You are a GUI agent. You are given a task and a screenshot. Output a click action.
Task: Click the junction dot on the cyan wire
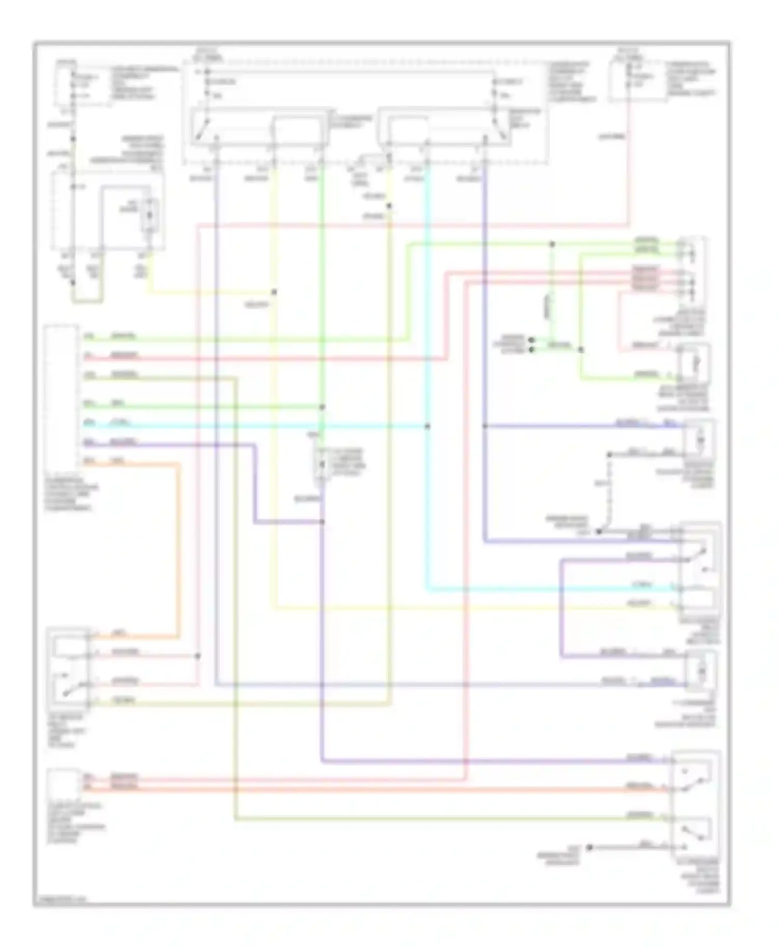click(x=427, y=426)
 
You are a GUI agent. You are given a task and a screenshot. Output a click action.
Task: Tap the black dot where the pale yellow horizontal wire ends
click(x=274, y=292)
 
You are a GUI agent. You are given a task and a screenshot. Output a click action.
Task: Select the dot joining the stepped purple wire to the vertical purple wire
click(x=322, y=522)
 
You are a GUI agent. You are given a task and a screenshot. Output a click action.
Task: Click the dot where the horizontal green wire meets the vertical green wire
click(x=322, y=407)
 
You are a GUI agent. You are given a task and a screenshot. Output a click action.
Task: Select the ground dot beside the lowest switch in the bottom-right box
click(x=589, y=847)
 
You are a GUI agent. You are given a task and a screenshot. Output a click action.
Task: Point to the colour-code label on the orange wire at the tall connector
click(x=118, y=461)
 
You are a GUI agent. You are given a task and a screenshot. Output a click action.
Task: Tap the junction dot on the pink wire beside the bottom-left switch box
click(x=198, y=656)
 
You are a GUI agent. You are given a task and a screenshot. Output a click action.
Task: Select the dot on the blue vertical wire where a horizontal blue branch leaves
click(x=484, y=426)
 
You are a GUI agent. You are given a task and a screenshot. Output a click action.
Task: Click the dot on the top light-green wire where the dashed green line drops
click(x=552, y=244)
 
